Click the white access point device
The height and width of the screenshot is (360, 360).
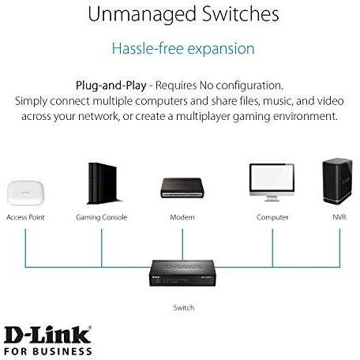click(25, 193)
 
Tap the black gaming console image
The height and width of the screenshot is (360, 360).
click(103, 183)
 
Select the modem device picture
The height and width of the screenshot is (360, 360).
click(182, 188)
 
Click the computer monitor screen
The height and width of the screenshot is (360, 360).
click(272, 179)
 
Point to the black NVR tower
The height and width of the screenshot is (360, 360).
click(337, 182)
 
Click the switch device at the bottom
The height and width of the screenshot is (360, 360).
click(182, 273)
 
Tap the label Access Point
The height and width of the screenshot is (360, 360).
click(25, 217)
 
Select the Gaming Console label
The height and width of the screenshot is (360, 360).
click(102, 217)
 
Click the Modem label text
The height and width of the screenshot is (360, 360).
click(182, 217)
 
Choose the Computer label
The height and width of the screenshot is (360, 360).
click(272, 217)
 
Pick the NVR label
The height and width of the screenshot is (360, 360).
click(339, 217)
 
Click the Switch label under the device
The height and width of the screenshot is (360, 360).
click(184, 307)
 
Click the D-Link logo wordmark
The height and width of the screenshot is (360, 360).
click(48, 335)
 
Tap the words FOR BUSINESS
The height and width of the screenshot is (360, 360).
click(48, 351)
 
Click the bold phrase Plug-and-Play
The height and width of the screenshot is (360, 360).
click(111, 86)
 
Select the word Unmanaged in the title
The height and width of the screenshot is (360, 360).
click(142, 14)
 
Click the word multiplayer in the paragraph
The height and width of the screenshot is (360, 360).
click(203, 116)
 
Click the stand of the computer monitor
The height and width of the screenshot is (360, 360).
click(272, 199)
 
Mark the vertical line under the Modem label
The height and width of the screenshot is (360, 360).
click(182, 245)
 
